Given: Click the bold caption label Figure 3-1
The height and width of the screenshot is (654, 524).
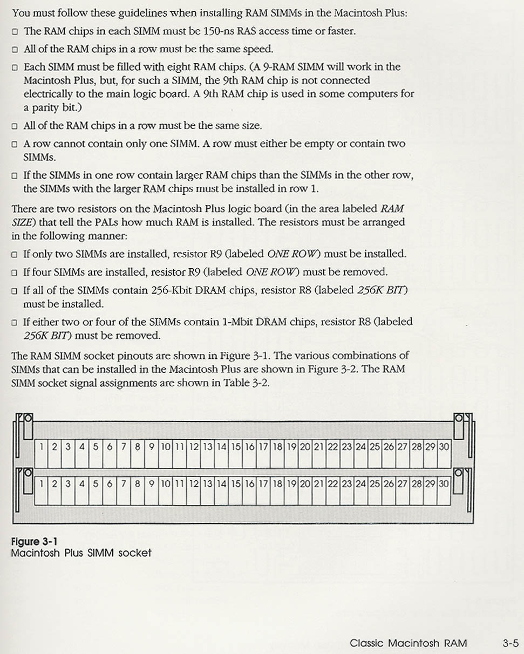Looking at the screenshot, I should (x=32, y=542).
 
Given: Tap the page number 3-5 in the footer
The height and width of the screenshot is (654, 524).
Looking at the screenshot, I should (x=510, y=643).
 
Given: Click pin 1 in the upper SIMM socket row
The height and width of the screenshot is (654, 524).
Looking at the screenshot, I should (x=42, y=447).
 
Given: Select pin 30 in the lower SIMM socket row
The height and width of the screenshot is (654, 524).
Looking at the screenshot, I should (x=444, y=484).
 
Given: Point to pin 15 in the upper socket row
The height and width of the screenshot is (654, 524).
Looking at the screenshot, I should (x=236, y=447).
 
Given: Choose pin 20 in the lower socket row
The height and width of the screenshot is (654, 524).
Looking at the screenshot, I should (x=305, y=484).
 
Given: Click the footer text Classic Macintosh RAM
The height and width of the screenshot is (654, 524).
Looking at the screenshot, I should (x=408, y=643).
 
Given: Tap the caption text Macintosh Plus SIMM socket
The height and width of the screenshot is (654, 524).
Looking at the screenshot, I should (x=81, y=553).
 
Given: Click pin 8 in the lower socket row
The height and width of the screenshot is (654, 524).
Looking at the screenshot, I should (x=137, y=484).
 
